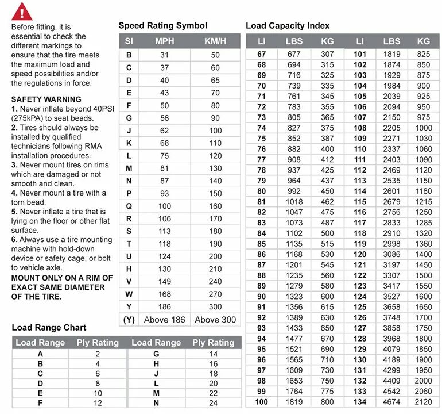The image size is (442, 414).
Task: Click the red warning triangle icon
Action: coord(22,10)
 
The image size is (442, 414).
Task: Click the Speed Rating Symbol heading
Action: coord(162,25)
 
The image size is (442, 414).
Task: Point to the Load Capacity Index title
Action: coord(288,25)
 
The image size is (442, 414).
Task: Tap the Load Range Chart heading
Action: coord(49,328)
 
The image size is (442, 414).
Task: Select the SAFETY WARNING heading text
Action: coord(46,99)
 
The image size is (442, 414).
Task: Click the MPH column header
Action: coord(165,41)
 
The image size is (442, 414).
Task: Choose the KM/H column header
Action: coord(215,41)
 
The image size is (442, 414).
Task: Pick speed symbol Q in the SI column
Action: coord(129,206)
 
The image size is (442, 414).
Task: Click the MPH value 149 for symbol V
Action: coord(165,281)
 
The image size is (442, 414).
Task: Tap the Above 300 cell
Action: coord(215,319)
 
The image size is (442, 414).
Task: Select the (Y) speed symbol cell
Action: coord(129,319)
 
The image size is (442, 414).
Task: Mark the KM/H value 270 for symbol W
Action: coord(215,294)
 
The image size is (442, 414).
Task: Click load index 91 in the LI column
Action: coord(262,306)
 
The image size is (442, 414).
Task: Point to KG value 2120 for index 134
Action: coord(424,401)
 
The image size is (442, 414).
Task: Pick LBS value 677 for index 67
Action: coord(294,54)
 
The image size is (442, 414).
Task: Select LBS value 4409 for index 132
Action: coord(391,381)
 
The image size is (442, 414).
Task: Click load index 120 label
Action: coord(360,254)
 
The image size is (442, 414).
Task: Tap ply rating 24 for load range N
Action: coord(214,402)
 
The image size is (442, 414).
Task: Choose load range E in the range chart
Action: coord(40,393)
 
